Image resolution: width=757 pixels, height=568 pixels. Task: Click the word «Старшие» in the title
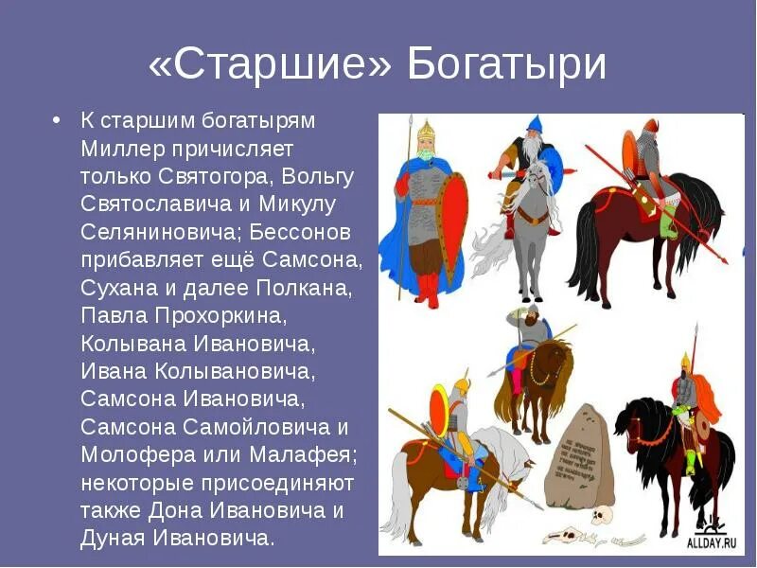coord(269,64)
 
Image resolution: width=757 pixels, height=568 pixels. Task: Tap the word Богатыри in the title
coord(506,64)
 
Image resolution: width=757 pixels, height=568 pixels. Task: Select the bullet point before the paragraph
coord(57,121)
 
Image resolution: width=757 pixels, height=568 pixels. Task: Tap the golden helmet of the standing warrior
coord(424,128)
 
